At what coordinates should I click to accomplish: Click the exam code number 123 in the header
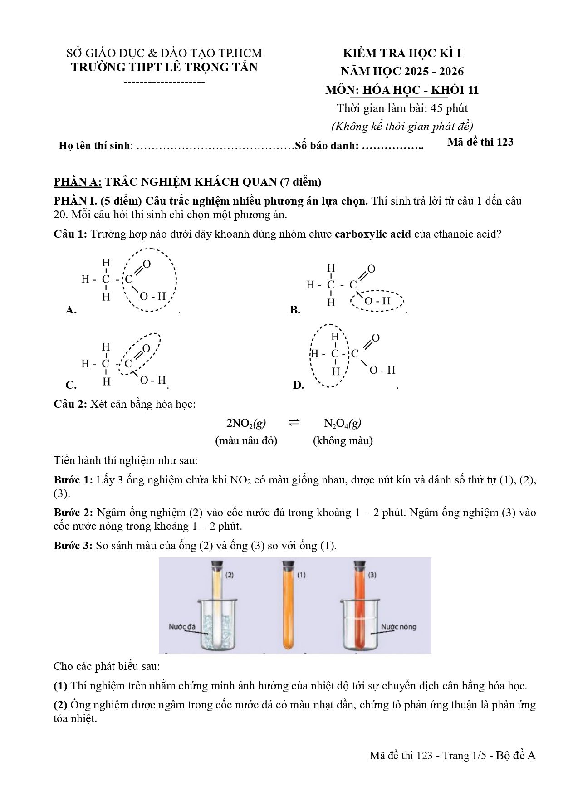[505, 142]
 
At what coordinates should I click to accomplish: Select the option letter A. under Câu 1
[71, 310]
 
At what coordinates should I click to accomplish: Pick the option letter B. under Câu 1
[295, 310]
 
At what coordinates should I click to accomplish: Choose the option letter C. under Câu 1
[71, 386]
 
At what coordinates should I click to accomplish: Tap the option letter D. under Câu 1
[299, 386]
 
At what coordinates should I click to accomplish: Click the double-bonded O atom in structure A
[147, 264]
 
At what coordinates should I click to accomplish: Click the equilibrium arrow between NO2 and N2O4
[294, 423]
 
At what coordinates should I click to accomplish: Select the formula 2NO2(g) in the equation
[246, 423]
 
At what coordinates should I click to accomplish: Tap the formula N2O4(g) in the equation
[343, 423]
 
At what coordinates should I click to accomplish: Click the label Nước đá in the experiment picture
[181, 627]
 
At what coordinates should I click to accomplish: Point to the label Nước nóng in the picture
[398, 627]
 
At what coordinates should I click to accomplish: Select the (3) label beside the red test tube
[372, 575]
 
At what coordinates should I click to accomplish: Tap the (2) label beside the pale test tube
[230, 575]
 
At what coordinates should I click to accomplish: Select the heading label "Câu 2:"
[70, 404]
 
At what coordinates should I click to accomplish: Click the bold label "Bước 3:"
[73, 545]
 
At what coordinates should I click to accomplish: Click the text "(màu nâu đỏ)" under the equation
[246, 440]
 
